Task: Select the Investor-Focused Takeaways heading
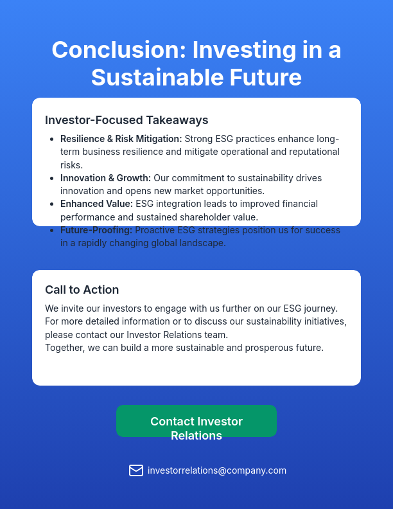coord(127,120)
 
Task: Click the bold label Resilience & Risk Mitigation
coord(121,139)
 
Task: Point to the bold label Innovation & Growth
coord(105,177)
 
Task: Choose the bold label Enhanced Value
coord(96,204)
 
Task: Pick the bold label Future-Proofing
coord(96,230)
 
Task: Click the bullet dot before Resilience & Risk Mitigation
coord(51,139)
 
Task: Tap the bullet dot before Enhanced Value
coord(51,204)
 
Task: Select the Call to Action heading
coord(82,290)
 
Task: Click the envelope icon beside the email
coord(136,470)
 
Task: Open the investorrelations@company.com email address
coord(217,470)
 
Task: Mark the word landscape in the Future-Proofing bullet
coord(205,244)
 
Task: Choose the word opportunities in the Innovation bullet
coord(234,191)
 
